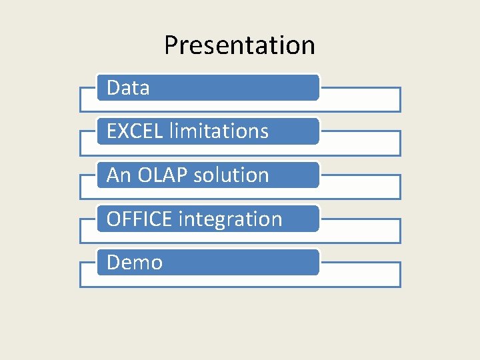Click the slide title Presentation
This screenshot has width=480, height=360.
(239, 45)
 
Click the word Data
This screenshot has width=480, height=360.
(128, 87)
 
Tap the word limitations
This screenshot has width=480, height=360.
(219, 131)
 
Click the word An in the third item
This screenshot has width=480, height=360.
(119, 175)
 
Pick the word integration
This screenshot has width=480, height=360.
(231, 219)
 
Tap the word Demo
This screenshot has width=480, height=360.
(135, 263)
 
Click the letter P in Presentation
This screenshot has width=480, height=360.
(171, 45)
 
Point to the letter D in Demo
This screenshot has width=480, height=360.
(113, 263)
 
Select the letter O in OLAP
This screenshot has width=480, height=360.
(145, 175)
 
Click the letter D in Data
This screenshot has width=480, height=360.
(113, 87)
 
